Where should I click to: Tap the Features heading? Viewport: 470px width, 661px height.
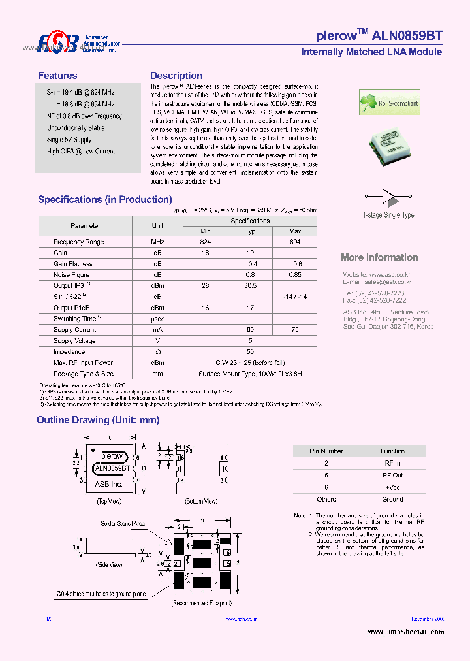57,76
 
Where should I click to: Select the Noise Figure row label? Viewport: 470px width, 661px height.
72,275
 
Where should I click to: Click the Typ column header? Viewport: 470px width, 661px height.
250,231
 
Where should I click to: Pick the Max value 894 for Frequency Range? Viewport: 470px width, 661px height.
295,242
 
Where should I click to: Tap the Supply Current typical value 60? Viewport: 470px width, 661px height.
250,330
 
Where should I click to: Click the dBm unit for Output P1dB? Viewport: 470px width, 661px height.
157,308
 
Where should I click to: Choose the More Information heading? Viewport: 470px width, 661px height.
379,257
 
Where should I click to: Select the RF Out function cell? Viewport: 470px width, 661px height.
393,476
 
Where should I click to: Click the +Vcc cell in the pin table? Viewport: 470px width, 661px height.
393,487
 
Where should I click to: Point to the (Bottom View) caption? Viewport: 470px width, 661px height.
200,501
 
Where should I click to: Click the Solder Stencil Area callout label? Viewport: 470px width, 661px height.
123,524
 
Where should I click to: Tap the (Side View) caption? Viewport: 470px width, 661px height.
109,564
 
